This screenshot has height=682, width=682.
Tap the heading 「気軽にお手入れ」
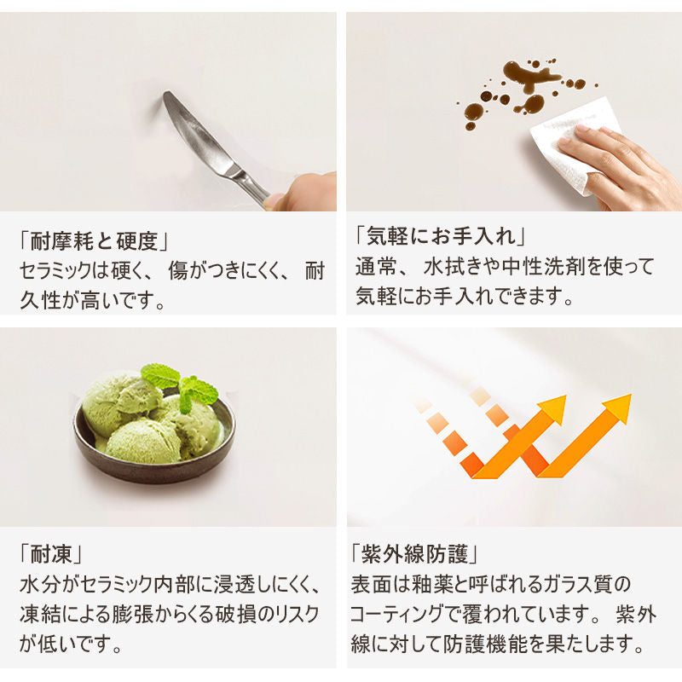pyautogui.click(x=441, y=236)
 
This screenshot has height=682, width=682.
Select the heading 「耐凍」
pyautogui.click(x=50, y=555)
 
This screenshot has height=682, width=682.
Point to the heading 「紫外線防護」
pyautogui.click(x=414, y=554)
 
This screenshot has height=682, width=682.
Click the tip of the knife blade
pyautogui.click(x=165, y=94)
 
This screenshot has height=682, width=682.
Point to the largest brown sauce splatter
pyautogui.click(x=529, y=75)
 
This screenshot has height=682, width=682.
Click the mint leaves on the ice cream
pyautogui.click(x=178, y=384)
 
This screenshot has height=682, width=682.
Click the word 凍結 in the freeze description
pyautogui.click(x=40, y=614)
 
